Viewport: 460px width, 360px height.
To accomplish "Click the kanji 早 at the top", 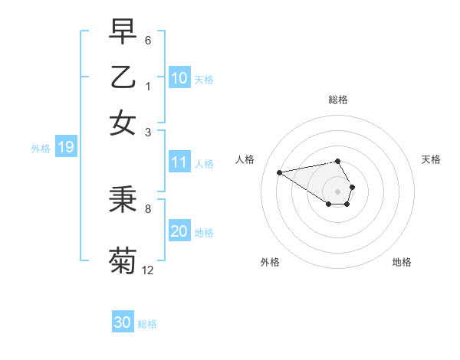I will click(x=123, y=33).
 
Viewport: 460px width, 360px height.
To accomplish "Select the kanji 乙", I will click(x=123, y=77).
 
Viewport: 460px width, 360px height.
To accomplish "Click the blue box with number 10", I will click(x=179, y=78).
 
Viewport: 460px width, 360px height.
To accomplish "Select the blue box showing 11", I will click(x=179, y=162).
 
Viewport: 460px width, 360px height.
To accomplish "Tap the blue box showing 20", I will click(x=179, y=231).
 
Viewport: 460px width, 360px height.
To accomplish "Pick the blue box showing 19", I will click(x=66, y=148).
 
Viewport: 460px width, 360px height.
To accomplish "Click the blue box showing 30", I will click(x=123, y=322).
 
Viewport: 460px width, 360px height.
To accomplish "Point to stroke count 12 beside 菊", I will click(x=148, y=270).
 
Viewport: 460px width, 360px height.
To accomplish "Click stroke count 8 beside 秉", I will click(x=148, y=208).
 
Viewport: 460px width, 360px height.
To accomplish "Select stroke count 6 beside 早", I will click(x=148, y=40).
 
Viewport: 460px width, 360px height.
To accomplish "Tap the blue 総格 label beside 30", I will click(x=147, y=324).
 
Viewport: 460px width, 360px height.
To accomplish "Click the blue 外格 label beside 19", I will click(x=41, y=149).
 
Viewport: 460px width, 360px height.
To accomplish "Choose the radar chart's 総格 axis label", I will click(x=337, y=100).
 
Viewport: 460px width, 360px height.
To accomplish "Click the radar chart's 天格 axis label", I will click(x=431, y=159).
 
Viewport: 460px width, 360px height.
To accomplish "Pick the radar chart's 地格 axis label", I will click(x=402, y=262).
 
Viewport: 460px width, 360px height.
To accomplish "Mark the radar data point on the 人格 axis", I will click(x=280, y=172).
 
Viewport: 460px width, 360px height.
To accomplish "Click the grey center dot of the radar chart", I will click(x=337, y=191).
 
